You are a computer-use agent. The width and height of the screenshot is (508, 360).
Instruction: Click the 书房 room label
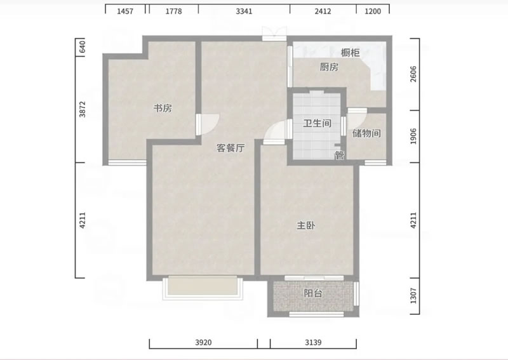163,108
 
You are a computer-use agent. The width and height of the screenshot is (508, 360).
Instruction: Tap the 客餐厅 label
231,148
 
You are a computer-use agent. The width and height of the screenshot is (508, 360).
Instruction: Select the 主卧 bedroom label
306,225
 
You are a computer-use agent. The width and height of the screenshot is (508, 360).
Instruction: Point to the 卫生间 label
317,123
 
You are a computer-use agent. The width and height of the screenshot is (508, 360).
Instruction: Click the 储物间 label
366,133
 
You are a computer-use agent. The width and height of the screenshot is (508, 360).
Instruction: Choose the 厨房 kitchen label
329,67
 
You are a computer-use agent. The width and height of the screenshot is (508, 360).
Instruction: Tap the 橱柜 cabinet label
351,53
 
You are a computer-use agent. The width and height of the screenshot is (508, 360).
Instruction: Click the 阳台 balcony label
313,293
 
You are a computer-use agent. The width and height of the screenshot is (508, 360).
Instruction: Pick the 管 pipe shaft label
340,156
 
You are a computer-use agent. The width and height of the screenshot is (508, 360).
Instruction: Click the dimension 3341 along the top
244,11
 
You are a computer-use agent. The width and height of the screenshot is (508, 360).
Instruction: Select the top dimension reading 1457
125,11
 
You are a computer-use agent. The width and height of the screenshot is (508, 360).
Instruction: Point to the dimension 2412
323,11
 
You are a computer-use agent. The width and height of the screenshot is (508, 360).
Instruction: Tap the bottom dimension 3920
203,342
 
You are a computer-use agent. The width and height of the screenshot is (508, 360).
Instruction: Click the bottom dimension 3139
313,342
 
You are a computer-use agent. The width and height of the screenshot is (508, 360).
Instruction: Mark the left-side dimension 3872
83,109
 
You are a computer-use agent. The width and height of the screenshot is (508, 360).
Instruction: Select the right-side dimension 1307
413,296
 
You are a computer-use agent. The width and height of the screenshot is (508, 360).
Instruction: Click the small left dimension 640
83,47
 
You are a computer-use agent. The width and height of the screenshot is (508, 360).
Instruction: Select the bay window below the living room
203,288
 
